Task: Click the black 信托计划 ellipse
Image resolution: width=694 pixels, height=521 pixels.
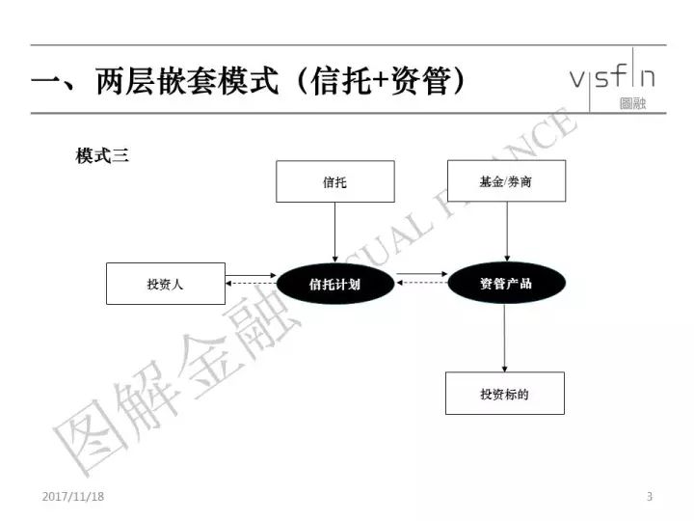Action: pos(335,284)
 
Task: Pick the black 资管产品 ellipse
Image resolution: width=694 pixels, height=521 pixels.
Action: pos(506,283)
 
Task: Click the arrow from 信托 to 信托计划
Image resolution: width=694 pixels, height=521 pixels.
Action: pos(335,233)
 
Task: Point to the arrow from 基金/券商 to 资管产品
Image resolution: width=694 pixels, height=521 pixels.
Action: pos(507,232)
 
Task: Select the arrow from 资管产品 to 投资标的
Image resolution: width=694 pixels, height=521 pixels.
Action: pos(504,338)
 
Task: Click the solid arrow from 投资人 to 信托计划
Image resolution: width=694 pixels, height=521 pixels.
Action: pos(251,276)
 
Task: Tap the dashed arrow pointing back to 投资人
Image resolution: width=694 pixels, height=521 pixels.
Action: pos(251,283)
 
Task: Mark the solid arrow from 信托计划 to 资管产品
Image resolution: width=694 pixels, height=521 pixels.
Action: pos(422,274)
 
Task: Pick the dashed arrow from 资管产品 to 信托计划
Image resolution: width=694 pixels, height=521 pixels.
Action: pos(422,283)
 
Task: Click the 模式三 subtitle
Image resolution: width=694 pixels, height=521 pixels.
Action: pos(102,156)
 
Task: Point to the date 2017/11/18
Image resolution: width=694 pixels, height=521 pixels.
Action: pos(73,496)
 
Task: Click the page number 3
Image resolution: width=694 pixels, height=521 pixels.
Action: pos(650,496)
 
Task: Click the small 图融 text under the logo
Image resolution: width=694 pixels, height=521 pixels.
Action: pos(633,103)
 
